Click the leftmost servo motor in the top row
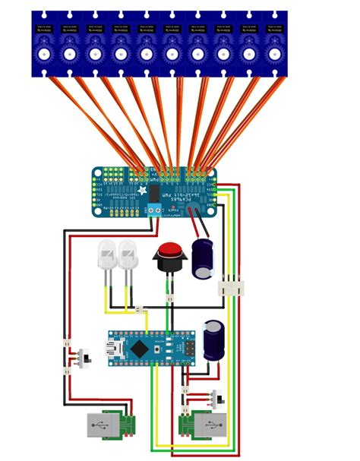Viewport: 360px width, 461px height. pos(44,44)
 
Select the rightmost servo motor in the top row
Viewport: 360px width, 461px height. pos(274,44)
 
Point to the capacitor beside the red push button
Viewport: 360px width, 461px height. pos(204,259)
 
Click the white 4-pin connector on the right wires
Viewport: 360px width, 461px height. pos(230,288)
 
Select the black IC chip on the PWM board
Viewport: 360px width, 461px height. pos(155,193)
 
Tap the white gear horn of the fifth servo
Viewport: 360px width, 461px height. pos(147,53)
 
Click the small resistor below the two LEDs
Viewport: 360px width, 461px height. pos(139,308)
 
